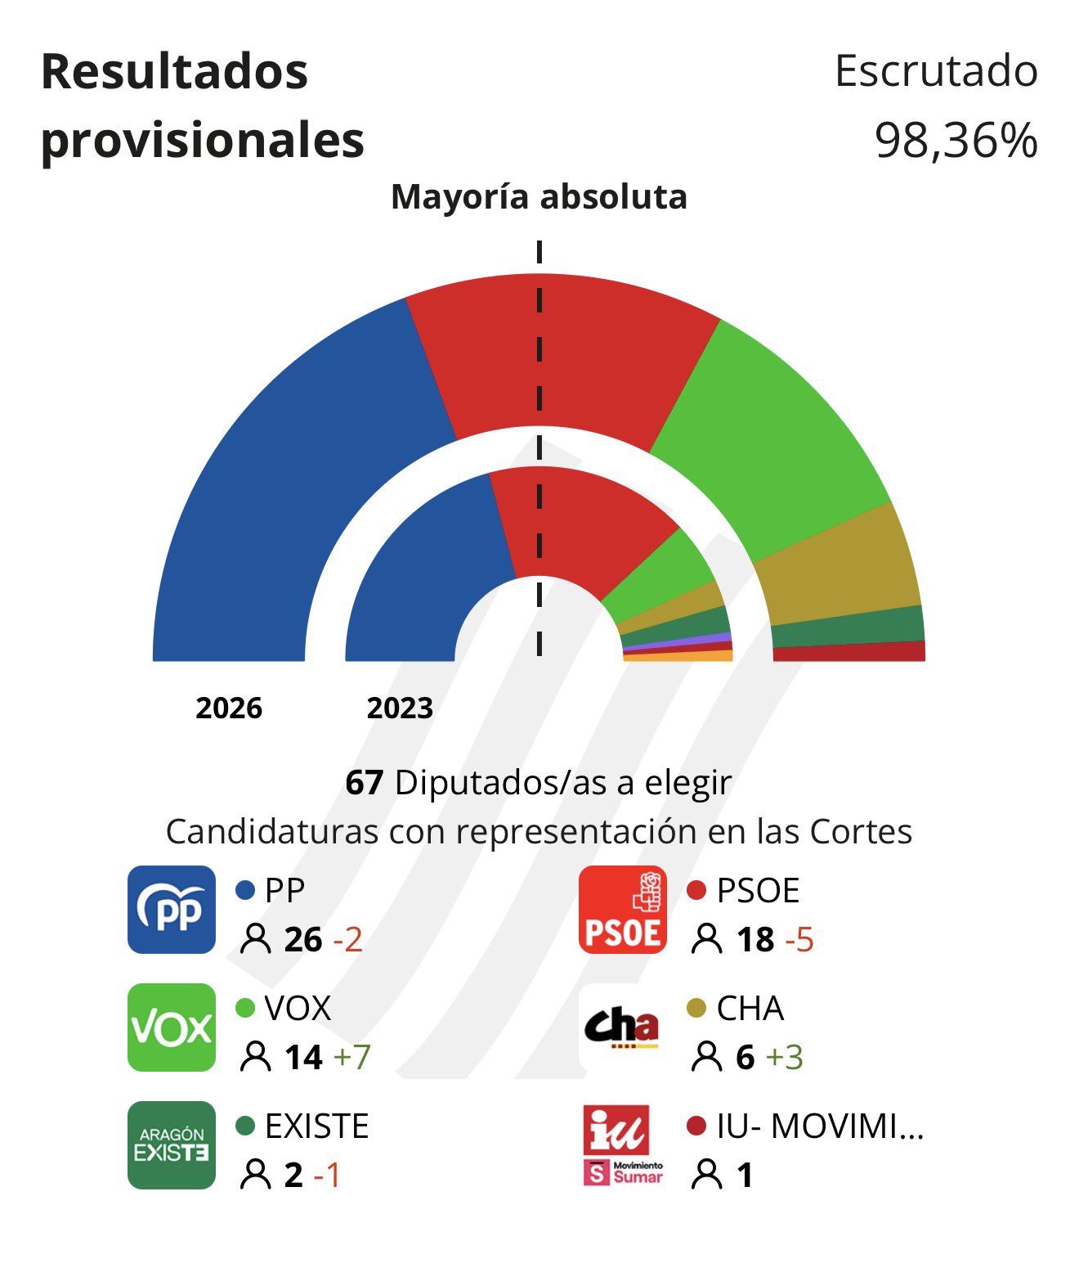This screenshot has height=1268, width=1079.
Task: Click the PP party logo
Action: point(172,910)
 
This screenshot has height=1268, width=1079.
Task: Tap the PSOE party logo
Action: point(622,910)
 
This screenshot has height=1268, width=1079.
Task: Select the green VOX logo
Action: point(172,1027)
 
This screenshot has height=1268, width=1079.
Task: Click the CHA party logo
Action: point(622,1027)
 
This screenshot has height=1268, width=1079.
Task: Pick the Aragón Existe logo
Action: point(172,1145)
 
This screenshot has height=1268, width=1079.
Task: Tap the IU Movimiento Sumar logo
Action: point(622,1145)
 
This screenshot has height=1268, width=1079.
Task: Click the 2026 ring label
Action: point(229,708)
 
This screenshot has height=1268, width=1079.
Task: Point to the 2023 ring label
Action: point(400,708)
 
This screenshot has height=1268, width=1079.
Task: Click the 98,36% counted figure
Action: point(956,140)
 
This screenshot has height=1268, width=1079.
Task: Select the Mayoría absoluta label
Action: point(539,197)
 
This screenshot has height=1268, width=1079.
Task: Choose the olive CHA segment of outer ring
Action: point(842,573)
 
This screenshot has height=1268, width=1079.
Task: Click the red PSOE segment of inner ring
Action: point(580,524)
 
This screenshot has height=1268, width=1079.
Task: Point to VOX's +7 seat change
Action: point(351,1057)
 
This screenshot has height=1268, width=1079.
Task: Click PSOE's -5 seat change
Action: point(799,940)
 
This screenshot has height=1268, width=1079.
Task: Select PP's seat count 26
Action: point(303,940)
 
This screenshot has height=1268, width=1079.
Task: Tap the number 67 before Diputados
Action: point(365,783)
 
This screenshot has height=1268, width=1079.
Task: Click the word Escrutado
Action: point(936,71)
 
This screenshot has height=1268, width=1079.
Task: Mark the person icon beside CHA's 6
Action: point(706,1057)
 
